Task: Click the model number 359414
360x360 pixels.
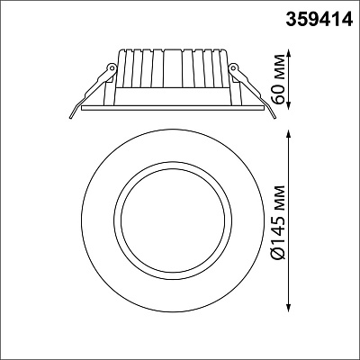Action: point(319,19)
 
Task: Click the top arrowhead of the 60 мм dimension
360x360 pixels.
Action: point(289,53)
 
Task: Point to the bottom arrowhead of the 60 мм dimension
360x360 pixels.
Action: point(289,105)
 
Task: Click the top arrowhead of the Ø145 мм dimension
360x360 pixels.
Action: point(289,134)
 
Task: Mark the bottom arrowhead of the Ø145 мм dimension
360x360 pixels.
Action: point(289,309)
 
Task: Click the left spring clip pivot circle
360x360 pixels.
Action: point(112,67)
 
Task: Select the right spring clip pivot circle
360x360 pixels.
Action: point(233,67)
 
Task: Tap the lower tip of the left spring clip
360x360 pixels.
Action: point(71,117)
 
